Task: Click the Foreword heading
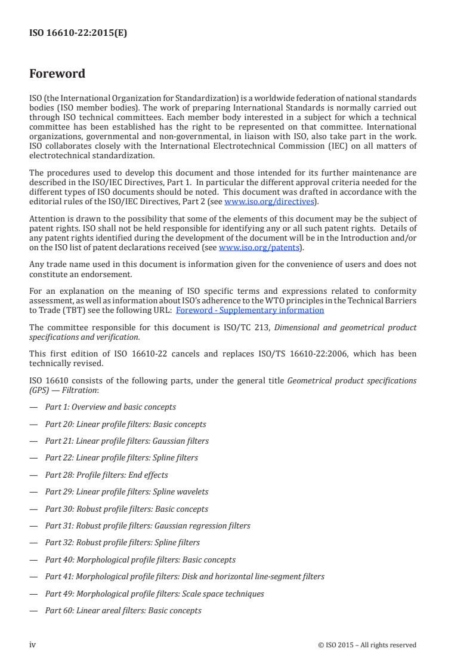click(57, 74)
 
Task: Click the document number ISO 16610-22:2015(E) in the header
click(78, 33)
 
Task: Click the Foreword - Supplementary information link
click(250, 310)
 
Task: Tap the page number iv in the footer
click(33, 644)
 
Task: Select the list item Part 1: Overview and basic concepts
click(110, 407)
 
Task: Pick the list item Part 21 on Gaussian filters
click(127, 441)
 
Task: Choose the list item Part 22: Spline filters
click(122, 458)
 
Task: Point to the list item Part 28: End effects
click(107, 475)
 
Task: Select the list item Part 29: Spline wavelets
click(127, 492)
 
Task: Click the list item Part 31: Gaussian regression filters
click(148, 526)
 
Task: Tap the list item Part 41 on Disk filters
click(185, 577)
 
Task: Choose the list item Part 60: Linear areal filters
click(123, 611)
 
